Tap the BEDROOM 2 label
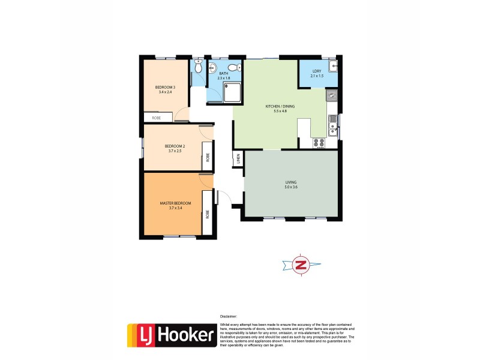[173, 145]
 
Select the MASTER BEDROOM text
[175, 203]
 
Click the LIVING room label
[291, 182]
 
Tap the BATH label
[223, 73]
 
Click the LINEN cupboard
[238, 159]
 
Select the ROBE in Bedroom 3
[157, 118]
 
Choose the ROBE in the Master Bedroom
[208, 213]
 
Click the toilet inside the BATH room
[238, 67]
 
